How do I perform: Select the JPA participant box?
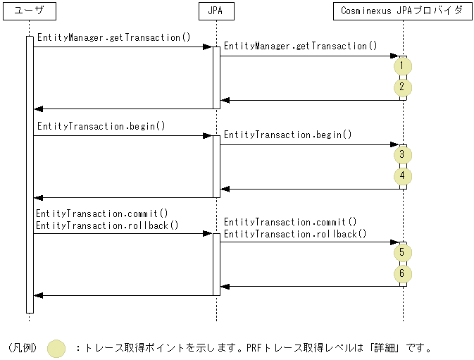[x=216, y=11]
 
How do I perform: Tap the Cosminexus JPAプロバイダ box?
[x=401, y=11]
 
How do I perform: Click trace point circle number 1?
[x=402, y=66]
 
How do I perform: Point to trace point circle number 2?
[x=402, y=88]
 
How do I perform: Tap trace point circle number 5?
[x=402, y=252]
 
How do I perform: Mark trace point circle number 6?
[x=402, y=273]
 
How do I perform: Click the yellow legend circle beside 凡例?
[x=56, y=348]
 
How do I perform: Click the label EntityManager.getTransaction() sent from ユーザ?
[x=113, y=37]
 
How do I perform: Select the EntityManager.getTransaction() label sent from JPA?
[x=301, y=46]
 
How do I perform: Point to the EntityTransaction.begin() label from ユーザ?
[x=101, y=126]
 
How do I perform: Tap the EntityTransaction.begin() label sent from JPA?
[x=288, y=135]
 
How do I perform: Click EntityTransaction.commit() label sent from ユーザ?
[x=102, y=213]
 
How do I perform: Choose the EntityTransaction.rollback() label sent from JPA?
[x=295, y=234]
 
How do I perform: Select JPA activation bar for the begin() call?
[x=216, y=166]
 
